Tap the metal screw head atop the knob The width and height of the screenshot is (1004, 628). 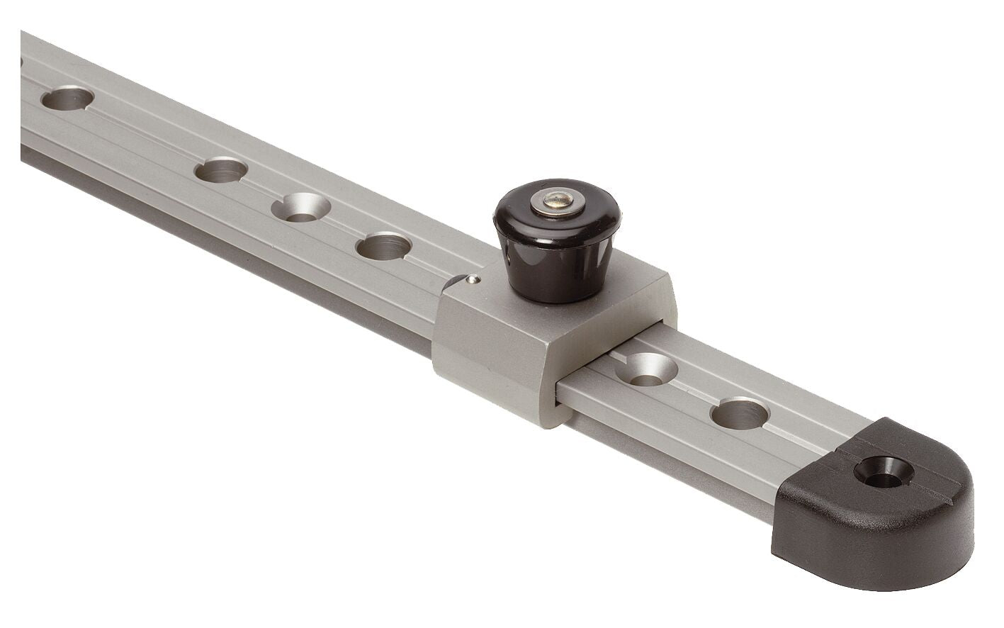pos(558,203)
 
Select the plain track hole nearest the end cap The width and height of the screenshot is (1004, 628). pos(740,413)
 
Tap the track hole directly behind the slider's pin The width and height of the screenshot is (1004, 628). pos(384,245)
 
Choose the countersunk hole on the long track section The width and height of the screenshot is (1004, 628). pos(301,207)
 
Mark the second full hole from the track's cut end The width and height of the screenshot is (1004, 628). pos(221,170)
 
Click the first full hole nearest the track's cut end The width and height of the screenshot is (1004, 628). pos(67,98)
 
